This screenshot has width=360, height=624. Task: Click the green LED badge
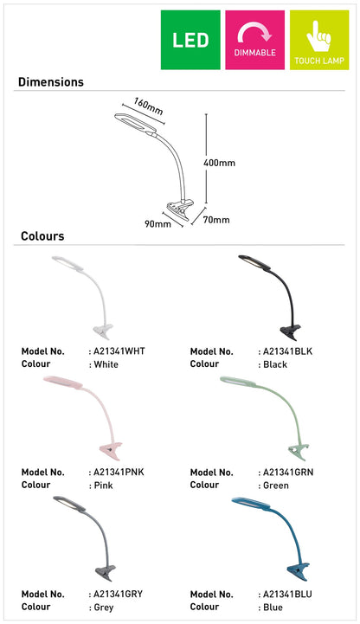click(190, 40)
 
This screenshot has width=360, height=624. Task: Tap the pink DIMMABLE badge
click(255, 40)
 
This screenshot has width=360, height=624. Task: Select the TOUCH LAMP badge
click(319, 40)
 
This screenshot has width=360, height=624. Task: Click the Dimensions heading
click(51, 82)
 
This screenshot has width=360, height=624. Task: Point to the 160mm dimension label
click(148, 106)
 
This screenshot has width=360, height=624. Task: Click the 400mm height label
click(219, 163)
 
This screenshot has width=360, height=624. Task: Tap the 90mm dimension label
click(157, 223)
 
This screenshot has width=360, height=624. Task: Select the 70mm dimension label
click(216, 220)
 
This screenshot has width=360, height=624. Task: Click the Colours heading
click(42, 236)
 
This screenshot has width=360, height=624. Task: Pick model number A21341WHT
click(119, 351)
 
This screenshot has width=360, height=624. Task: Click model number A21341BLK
click(288, 351)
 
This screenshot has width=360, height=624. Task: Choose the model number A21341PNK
click(119, 473)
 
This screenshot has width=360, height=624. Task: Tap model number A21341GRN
click(288, 473)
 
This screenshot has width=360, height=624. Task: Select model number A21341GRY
click(119, 595)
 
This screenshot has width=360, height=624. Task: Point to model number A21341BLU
click(287, 595)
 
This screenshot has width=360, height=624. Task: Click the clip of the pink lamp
click(111, 451)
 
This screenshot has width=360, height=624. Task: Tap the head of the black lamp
click(254, 261)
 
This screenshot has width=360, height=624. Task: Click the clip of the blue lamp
click(299, 571)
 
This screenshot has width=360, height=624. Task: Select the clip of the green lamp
click(299, 451)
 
